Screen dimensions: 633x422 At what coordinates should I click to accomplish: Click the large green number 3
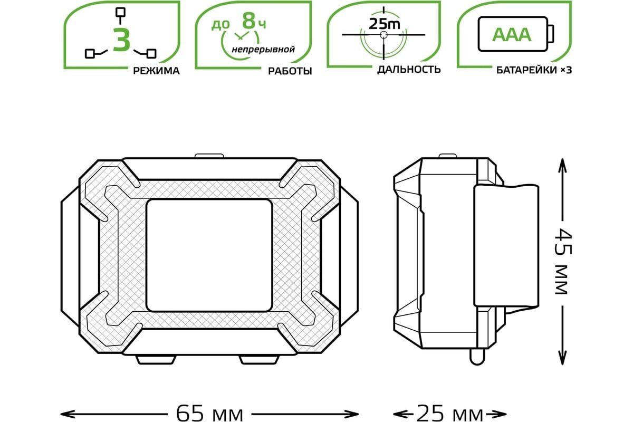click(x=121, y=40)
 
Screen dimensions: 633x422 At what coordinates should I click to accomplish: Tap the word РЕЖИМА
click(x=156, y=71)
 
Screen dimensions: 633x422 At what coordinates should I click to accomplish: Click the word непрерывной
click(x=263, y=50)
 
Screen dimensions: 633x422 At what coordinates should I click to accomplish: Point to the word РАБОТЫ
click(x=290, y=71)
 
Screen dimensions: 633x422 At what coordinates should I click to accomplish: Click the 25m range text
click(x=385, y=24)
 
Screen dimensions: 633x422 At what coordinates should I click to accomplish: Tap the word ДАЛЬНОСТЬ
click(x=409, y=69)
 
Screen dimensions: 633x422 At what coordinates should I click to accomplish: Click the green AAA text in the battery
click(x=512, y=35)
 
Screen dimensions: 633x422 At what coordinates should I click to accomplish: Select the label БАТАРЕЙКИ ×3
click(x=534, y=70)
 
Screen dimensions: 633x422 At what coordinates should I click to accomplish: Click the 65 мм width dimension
click(x=209, y=414)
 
